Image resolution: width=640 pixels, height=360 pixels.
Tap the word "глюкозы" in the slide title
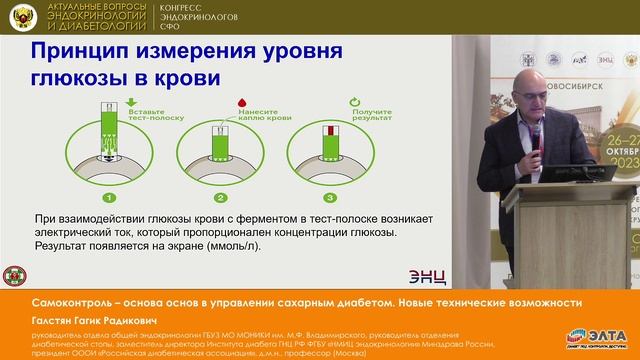(x=67, y=79)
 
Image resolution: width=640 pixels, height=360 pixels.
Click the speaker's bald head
(x=525, y=94)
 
